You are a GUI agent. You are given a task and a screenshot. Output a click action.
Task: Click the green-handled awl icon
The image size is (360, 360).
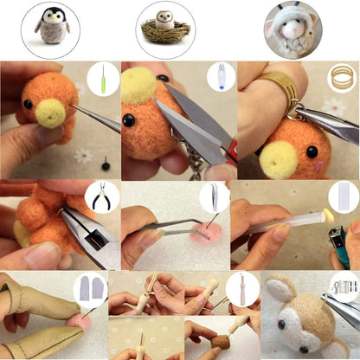[x=103, y=80]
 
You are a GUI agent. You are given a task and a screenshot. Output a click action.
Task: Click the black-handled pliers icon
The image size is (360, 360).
[x=102, y=196]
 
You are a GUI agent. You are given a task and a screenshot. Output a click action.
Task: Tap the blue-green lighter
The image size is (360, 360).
[x=340, y=247]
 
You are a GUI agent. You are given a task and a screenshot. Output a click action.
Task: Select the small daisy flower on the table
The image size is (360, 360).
[x=84, y=156]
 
